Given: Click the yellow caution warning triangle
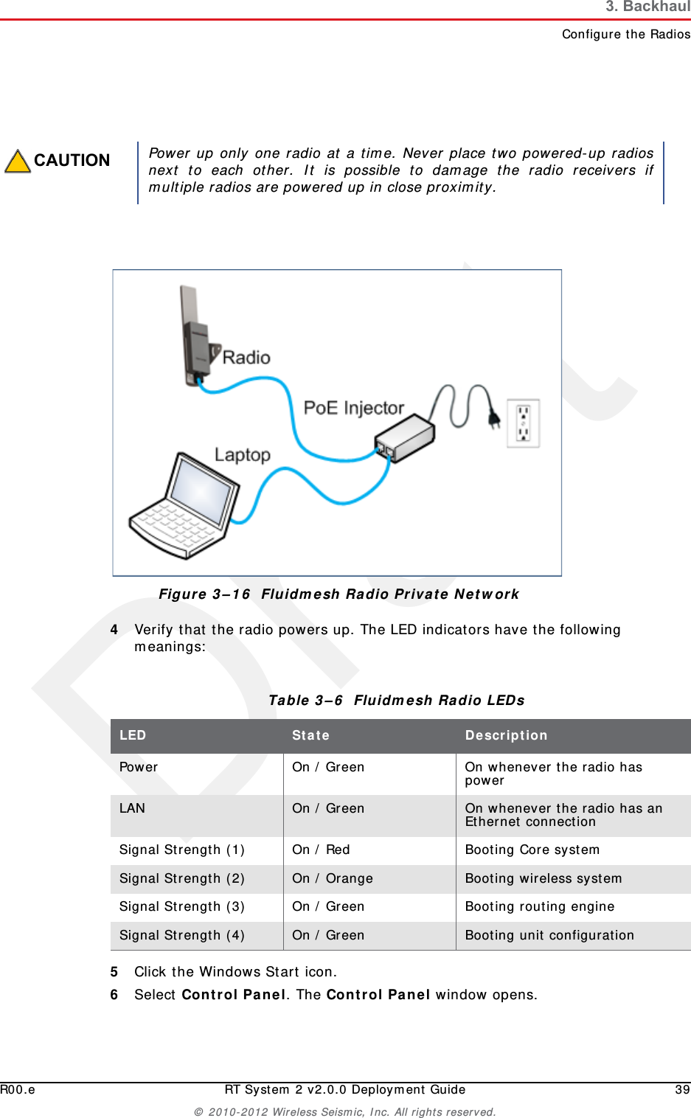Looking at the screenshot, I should (18, 162).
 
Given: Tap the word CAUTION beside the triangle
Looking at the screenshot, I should (72, 161).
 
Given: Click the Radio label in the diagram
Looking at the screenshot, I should (246, 358).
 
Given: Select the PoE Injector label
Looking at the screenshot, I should (354, 408).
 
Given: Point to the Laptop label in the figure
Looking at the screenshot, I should (243, 454).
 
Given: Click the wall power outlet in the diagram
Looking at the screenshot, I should (524, 423).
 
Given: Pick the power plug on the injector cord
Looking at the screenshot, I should (493, 418).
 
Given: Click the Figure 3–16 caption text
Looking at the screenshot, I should (338, 594).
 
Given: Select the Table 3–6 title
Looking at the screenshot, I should (396, 701).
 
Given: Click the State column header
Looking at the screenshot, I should (310, 735).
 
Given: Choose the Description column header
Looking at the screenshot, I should (506, 735).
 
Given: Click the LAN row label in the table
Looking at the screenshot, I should (133, 808).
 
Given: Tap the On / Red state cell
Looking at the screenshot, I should (321, 850).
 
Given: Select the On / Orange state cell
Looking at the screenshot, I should (333, 878).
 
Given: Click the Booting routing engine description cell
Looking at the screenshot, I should (540, 906).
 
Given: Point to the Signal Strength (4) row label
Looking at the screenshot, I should (182, 935).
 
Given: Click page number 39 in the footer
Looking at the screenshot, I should (682, 1089).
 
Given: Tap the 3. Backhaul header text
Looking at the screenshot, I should (647, 7).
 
